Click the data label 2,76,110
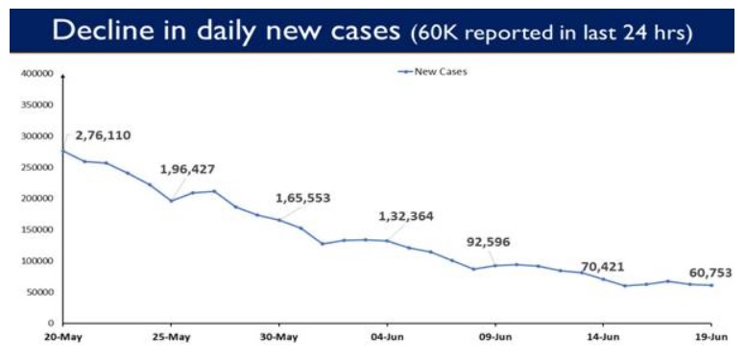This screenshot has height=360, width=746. tap(103, 135)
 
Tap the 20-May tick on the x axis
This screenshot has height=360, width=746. tap(63, 338)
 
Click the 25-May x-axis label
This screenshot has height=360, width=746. tap(171, 338)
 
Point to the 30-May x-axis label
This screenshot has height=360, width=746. tap(278, 338)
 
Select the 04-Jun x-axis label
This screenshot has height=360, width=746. tap(387, 338)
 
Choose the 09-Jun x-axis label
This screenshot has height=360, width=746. tap(494, 338)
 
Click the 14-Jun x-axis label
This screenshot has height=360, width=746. tap(603, 338)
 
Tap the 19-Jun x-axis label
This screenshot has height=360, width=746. tap(710, 338)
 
